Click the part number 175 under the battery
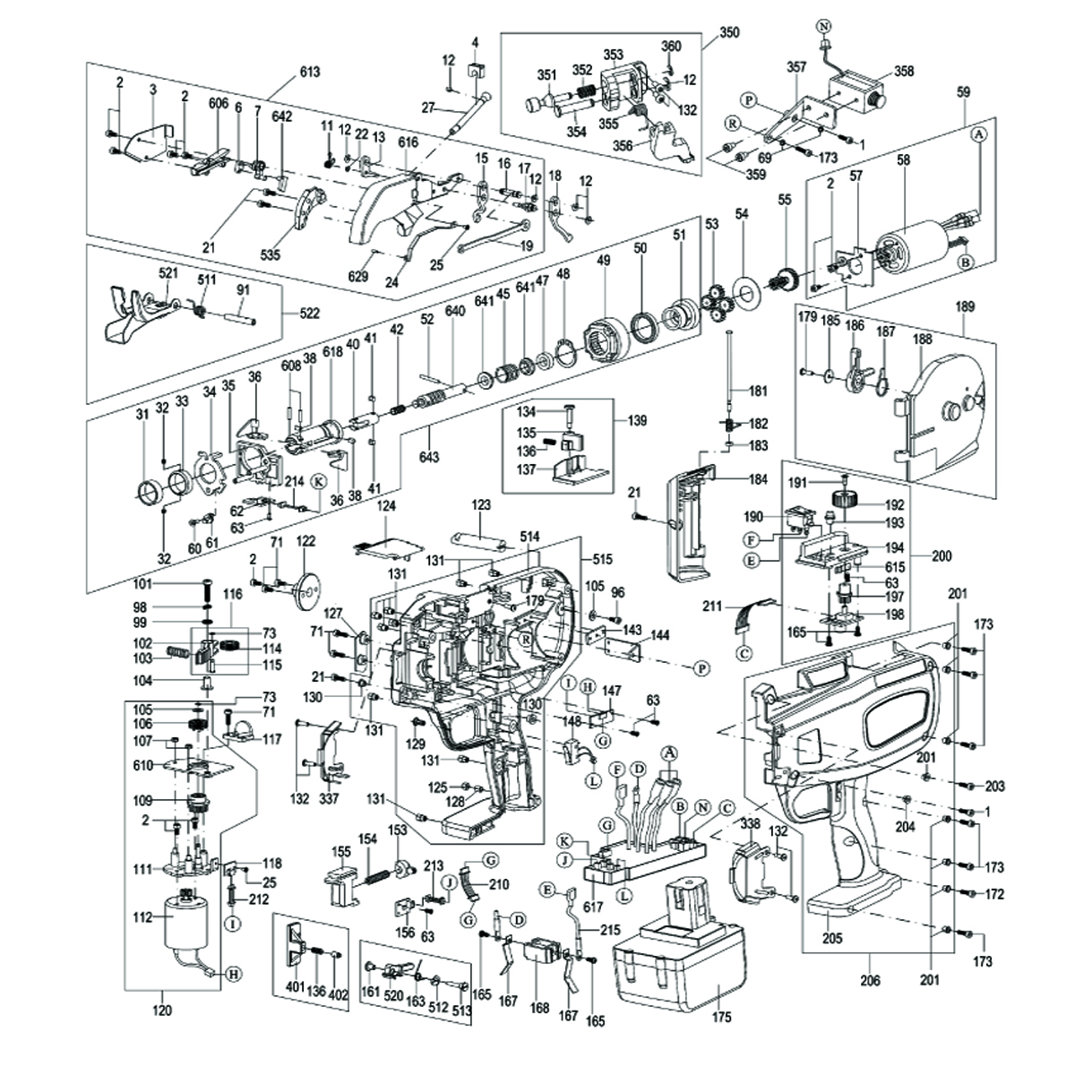coord(722,1017)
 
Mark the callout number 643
coord(429,458)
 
